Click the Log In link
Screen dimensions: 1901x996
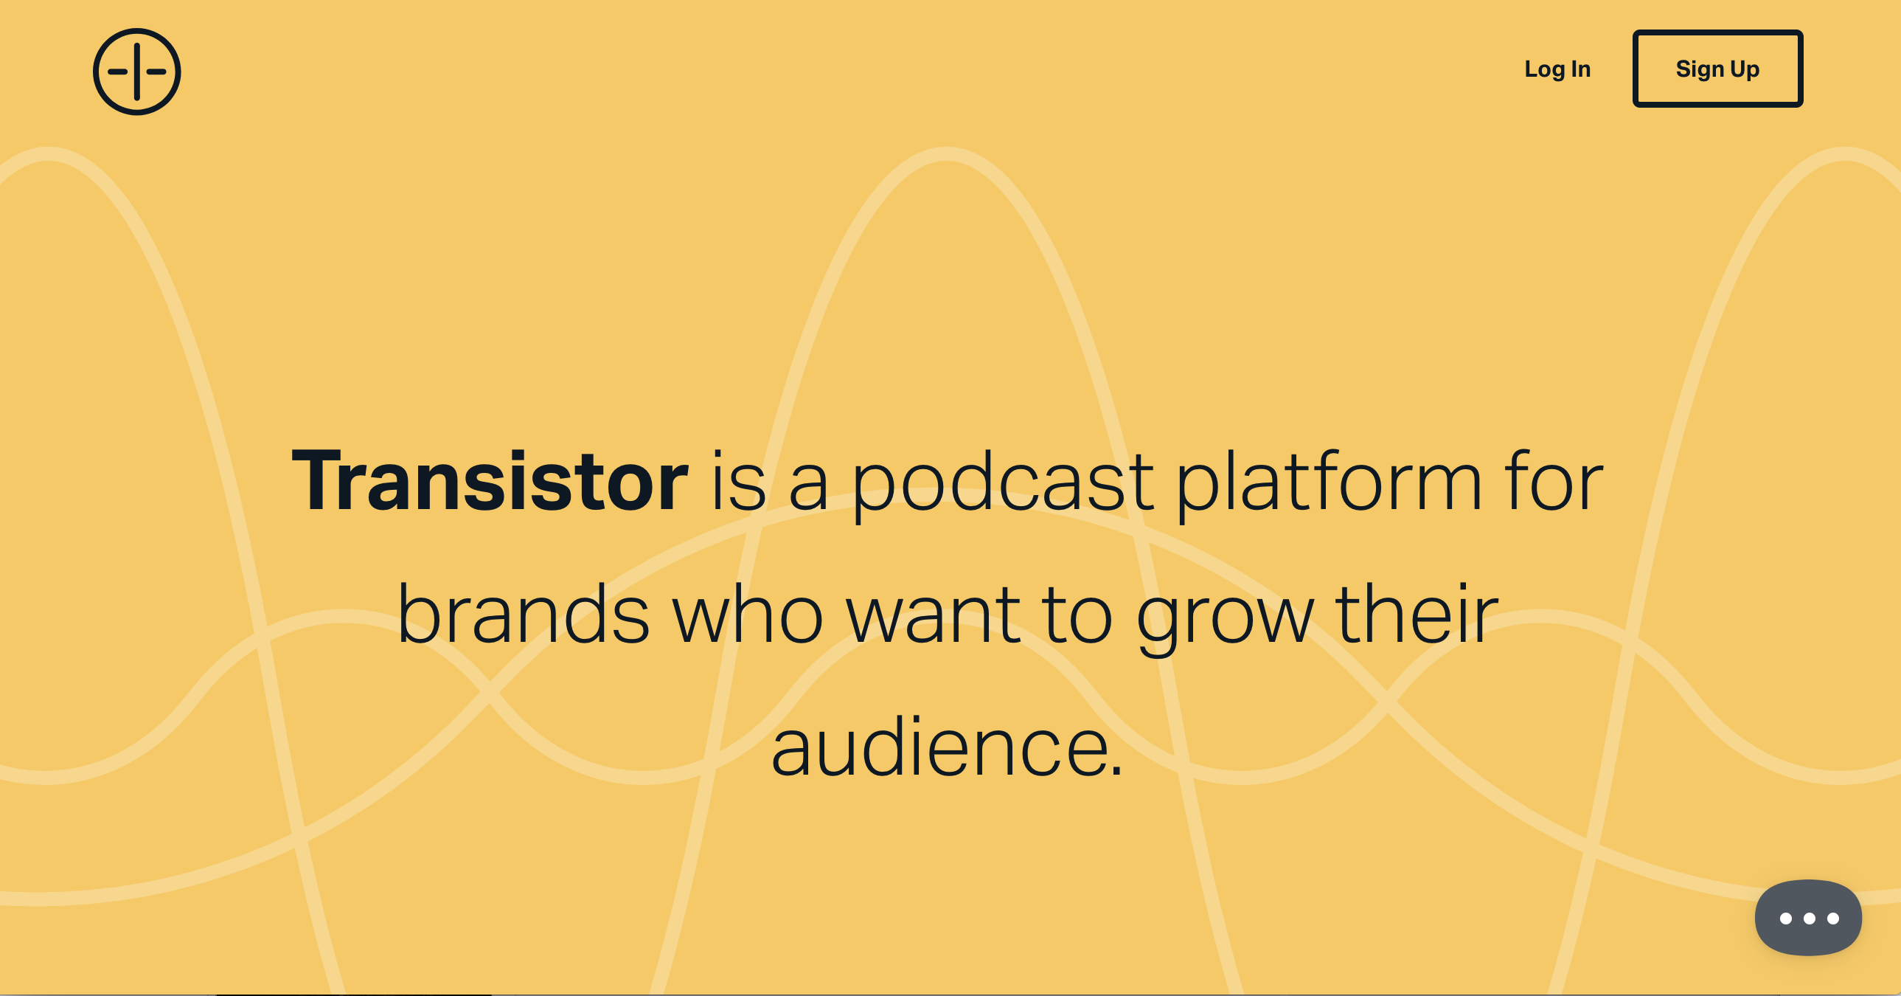pos(1557,69)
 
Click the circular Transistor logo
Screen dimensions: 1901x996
pos(136,72)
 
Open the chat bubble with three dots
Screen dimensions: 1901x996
pos(1808,917)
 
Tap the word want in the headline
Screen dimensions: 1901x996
pos(934,616)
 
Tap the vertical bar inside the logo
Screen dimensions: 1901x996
pos(136,72)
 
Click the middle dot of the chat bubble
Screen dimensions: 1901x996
pos(1810,919)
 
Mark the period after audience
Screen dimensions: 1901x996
pos(1116,772)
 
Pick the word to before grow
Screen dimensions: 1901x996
pos(1077,616)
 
